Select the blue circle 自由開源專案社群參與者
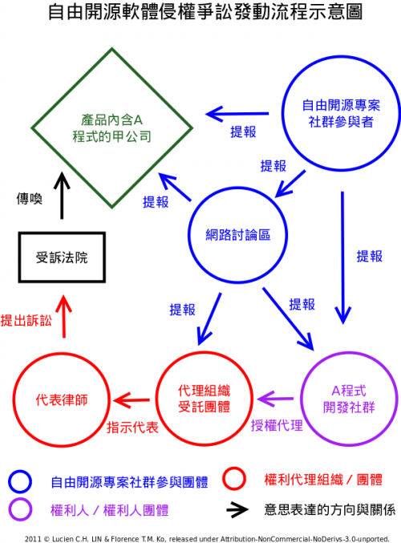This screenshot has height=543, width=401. pyautogui.click(x=341, y=57)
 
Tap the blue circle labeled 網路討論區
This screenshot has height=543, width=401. pyautogui.click(x=238, y=188)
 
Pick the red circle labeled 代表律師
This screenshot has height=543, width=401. pyautogui.click(x=62, y=354)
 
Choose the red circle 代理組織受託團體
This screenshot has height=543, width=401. pyautogui.click(x=205, y=353)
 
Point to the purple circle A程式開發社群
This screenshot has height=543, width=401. pyautogui.click(x=349, y=353)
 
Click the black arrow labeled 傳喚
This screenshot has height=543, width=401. pyautogui.click(x=62, y=196)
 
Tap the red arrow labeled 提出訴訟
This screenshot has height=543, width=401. pyautogui.click(x=63, y=317)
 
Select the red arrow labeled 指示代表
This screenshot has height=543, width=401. pyautogui.click(x=132, y=400)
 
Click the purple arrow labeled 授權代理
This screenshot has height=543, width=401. pyautogui.click(x=276, y=399)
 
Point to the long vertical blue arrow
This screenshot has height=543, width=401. pyautogui.click(x=342, y=258)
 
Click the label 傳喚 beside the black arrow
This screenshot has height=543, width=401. pyautogui.click(x=30, y=199)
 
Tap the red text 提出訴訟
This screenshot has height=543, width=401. pyautogui.click(x=26, y=320)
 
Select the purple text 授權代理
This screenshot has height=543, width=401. pyautogui.click(x=277, y=425)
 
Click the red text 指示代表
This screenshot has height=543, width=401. pyautogui.click(x=132, y=428)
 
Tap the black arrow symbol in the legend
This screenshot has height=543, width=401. pyautogui.click(x=237, y=510)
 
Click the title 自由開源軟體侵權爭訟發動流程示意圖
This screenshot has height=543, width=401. pyautogui.click(x=205, y=12)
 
